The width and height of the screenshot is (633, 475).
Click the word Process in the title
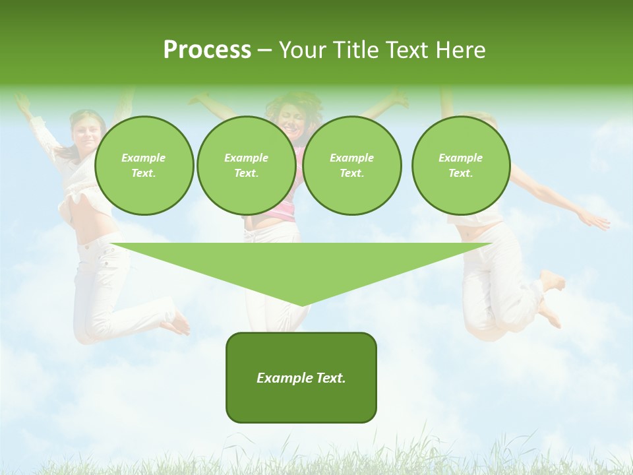coord(207,50)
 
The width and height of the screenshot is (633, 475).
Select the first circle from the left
coord(144,166)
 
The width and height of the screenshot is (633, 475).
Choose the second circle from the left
coord(247,166)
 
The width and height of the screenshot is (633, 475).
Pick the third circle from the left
coord(352,166)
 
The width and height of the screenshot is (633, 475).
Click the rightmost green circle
coord(461,166)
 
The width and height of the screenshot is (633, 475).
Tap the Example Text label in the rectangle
coord(301,378)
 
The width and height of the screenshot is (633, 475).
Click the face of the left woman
coord(88,132)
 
